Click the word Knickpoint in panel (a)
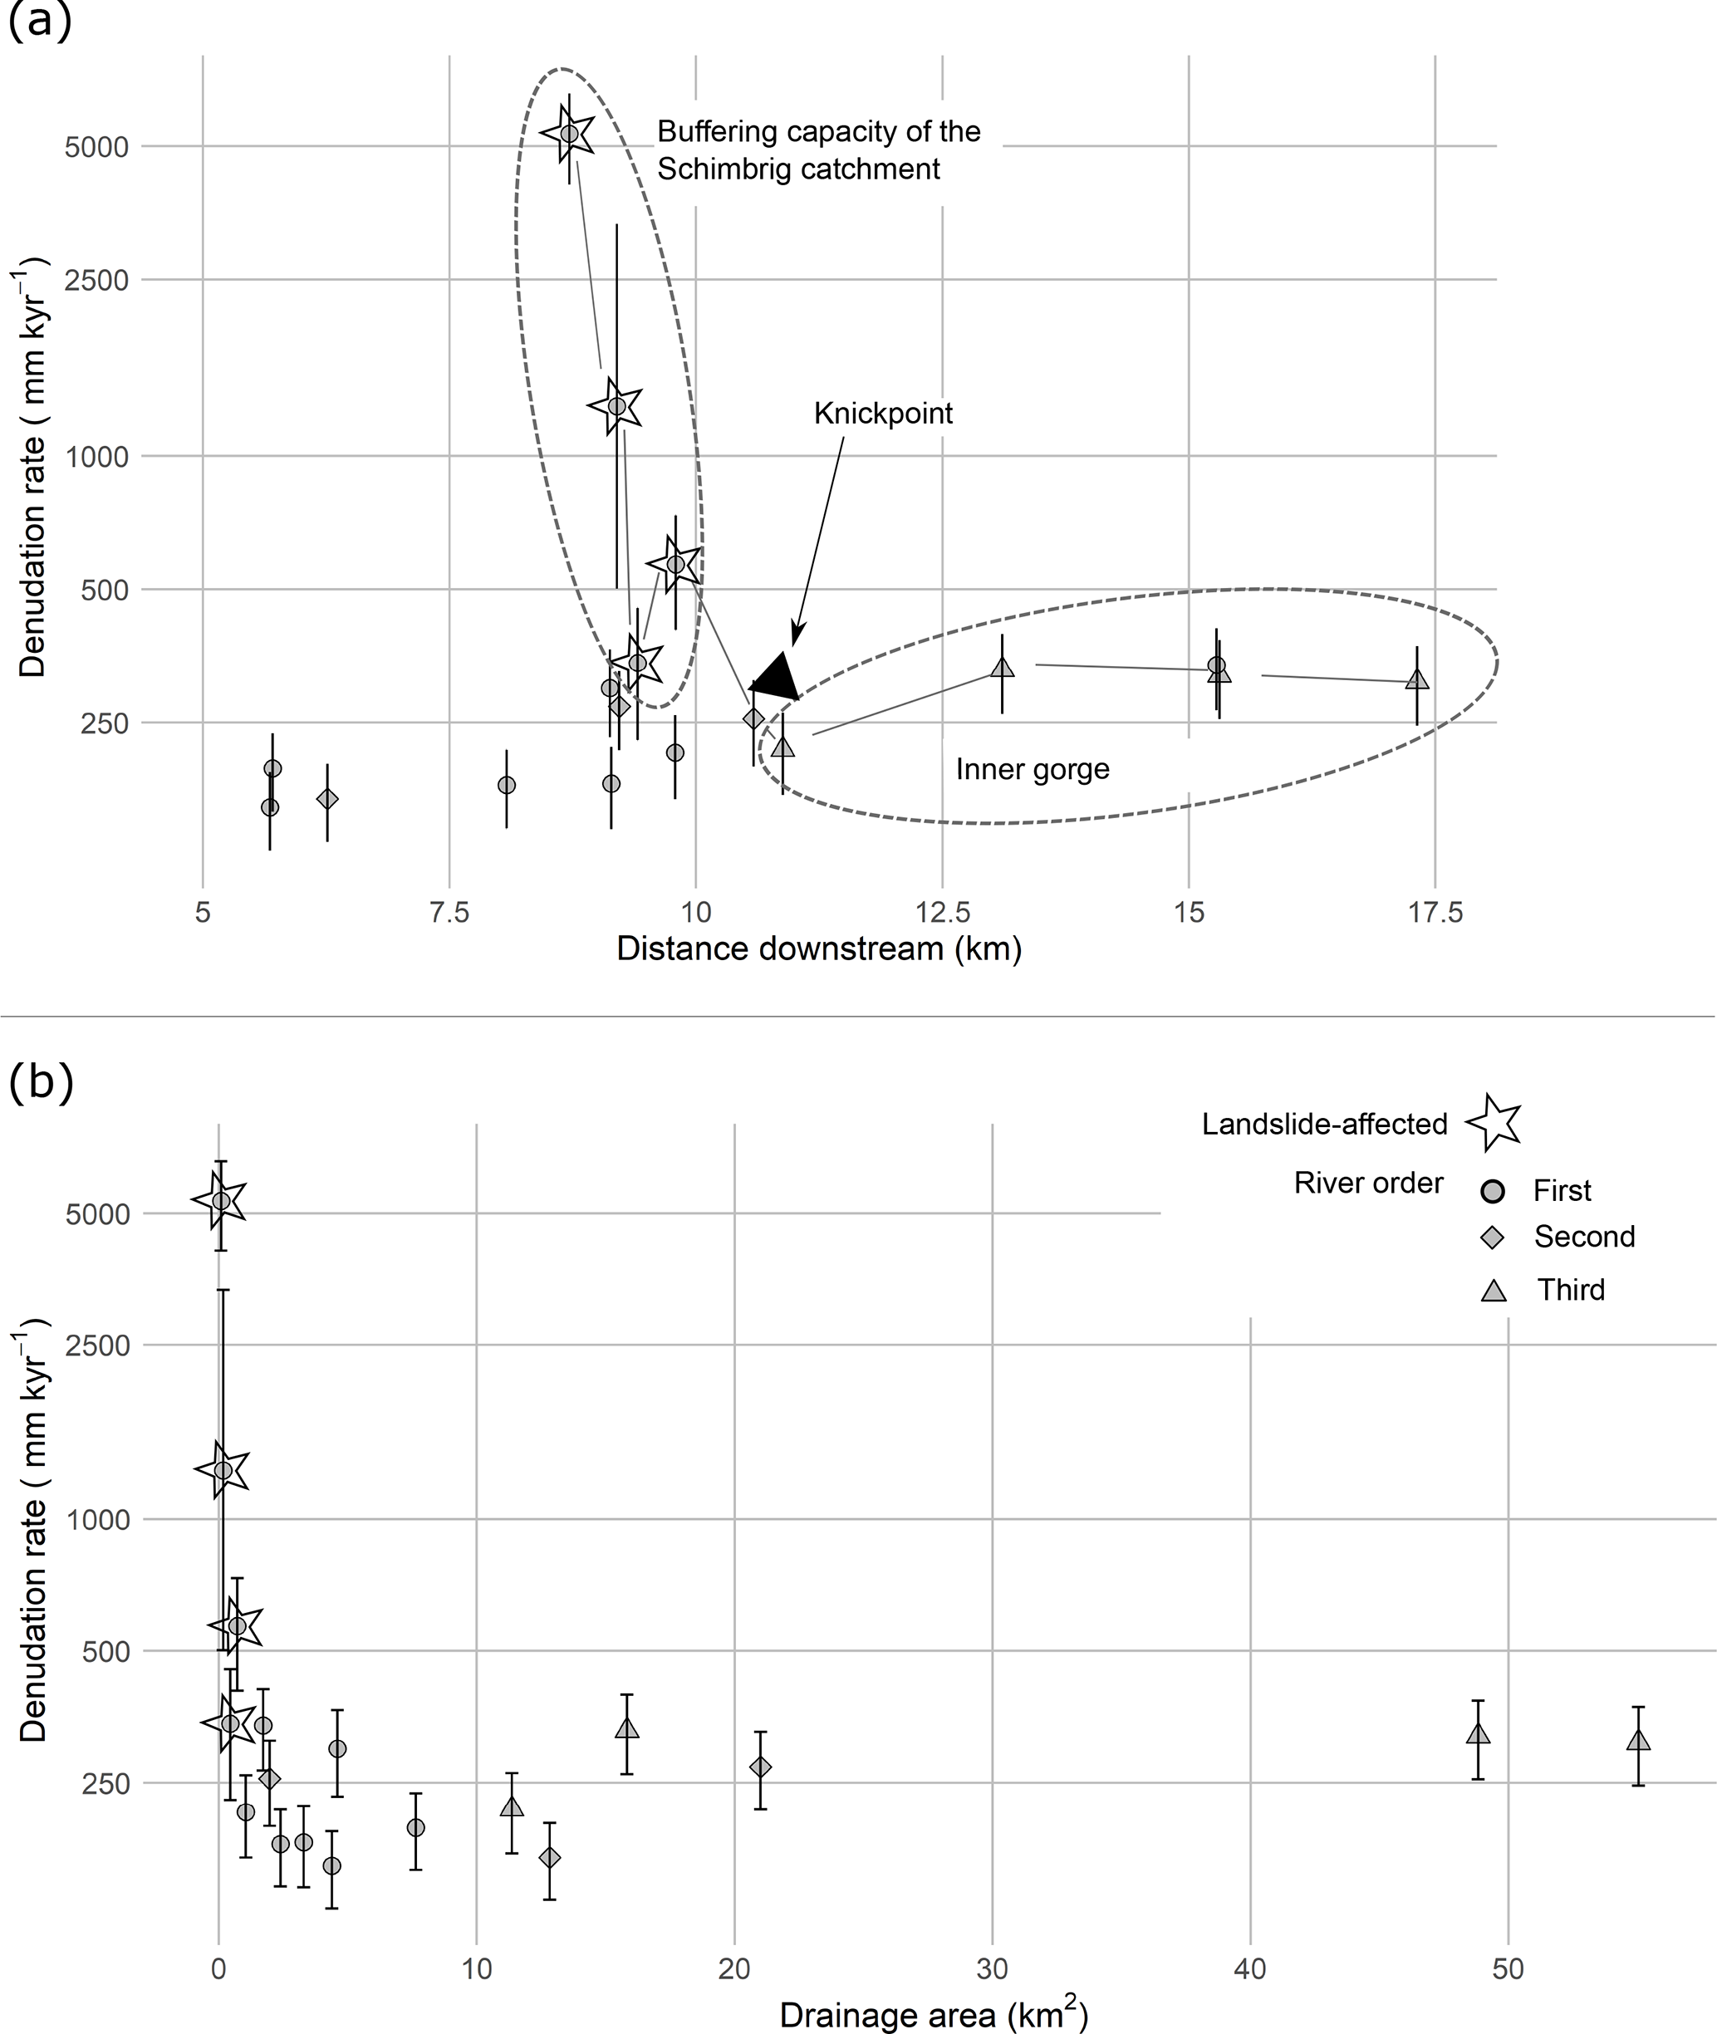(x=883, y=414)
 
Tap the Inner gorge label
(x=1032, y=770)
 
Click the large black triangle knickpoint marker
(x=776, y=676)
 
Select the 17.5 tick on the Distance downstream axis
(x=1435, y=913)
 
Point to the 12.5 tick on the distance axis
(x=942, y=913)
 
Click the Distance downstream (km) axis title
(x=818, y=948)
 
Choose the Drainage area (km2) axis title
(x=934, y=2007)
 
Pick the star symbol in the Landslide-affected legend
(x=1493, y=1122)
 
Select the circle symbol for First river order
(x=1492, y=1190)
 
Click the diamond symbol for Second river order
(x=1492, y=1237)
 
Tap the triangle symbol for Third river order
(x=1493, y=1291)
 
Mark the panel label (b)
(x=41, y=1082)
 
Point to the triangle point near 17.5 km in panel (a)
(x=1417, y=680)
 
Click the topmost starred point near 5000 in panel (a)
(x=569, y=134)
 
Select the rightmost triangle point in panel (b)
(x=1638, y=1741)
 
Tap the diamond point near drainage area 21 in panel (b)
(x=760, y=1767)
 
